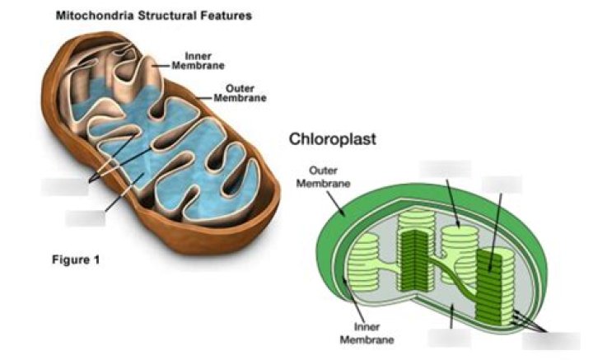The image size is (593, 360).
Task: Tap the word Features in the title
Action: point(224,16)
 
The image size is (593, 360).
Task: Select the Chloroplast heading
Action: point(332,139)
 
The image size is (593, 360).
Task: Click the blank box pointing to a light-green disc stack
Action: point(445,169)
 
